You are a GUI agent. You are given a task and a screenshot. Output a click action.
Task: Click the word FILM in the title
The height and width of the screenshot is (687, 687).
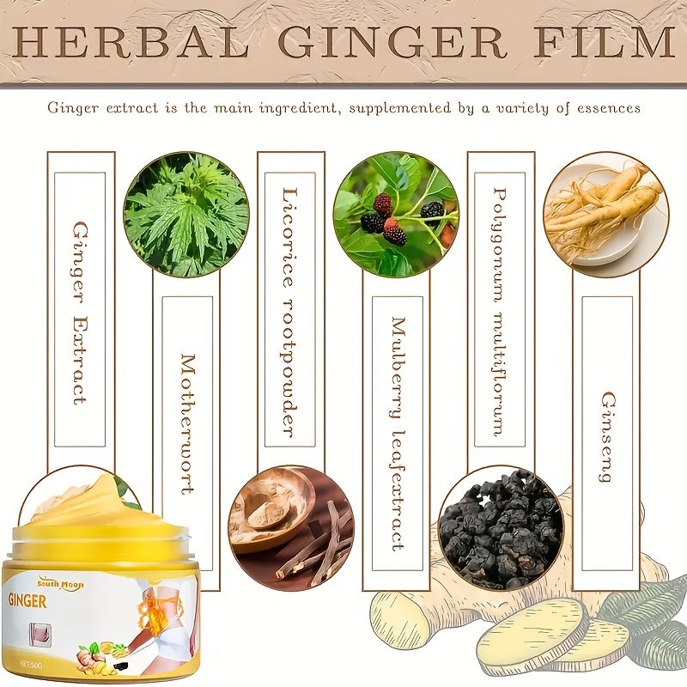[604, 42]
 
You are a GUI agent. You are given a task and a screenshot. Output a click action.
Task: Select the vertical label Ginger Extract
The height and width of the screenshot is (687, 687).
[80, 313]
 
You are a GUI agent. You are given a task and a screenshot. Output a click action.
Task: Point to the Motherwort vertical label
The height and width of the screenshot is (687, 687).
[188, 423]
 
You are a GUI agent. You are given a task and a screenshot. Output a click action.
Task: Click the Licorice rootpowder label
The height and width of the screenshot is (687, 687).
[289, 313]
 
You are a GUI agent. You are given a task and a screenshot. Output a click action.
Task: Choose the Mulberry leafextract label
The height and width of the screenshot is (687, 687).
[398, 434]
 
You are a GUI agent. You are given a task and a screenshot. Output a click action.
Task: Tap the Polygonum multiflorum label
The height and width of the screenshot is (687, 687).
[500, 312]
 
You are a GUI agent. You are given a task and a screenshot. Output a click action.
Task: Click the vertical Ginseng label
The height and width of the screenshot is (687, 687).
[608, 437]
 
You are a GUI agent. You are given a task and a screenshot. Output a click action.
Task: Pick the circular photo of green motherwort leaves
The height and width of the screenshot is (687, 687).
[186, 215]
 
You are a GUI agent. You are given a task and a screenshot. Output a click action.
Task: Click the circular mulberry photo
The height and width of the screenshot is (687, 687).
[396, 215]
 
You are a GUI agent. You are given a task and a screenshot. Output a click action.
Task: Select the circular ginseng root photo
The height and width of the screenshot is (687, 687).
[606, 215]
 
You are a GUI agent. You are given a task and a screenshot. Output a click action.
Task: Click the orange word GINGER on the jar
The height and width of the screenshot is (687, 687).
[27, 600]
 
